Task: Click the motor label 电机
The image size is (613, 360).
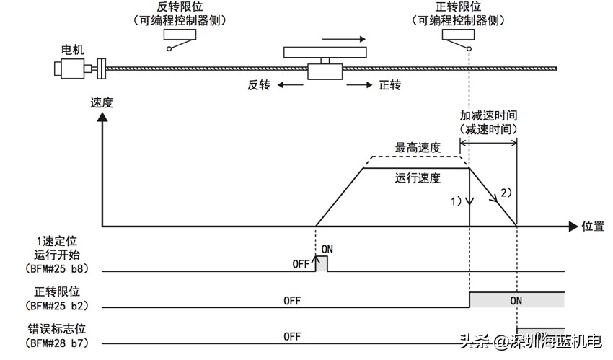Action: (73, 49)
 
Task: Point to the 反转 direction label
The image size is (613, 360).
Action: (259, 85)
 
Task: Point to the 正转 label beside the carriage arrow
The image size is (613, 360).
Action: (389, 85)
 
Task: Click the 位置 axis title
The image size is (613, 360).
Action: (593, 226)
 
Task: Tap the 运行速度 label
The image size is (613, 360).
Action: (418, 177)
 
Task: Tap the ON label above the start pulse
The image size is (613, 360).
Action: (327, 249)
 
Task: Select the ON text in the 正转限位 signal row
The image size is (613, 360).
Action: (516, 299)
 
